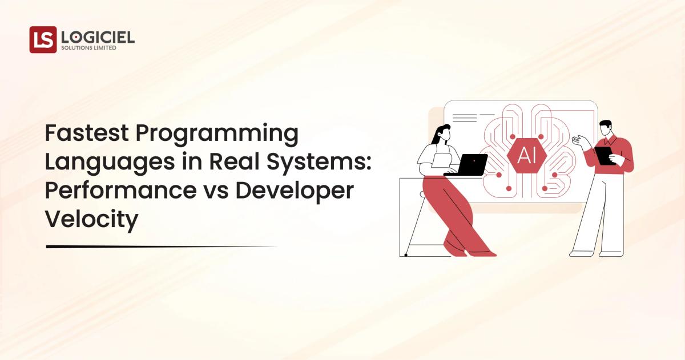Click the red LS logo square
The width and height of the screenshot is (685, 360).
43,39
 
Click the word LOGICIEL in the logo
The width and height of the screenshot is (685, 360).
98,37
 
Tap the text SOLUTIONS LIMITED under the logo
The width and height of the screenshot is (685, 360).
88,48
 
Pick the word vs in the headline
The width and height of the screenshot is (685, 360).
216,191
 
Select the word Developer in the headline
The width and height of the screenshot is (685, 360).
295,191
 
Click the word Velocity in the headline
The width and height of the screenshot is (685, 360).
91,219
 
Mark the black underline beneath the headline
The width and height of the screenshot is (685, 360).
160,246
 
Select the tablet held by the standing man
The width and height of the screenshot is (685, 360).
604,155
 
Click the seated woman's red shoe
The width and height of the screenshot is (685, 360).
485,253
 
